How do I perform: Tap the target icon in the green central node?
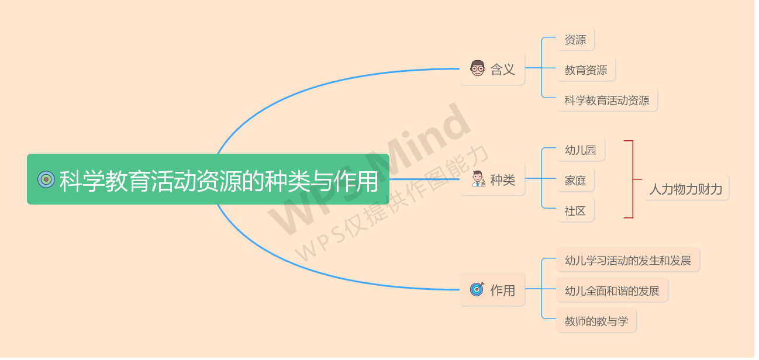click(x=46, y=179)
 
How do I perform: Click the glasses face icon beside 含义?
click(x=478, y=68)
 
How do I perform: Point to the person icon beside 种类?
click(x=478, y=179)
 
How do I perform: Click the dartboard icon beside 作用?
click(x=477, y=289)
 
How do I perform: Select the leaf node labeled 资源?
click(x=575, y=40)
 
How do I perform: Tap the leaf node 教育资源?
click(x=585, y=70)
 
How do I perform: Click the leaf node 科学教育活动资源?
click(x=606, y=101)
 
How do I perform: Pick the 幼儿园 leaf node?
click(x=580, y=150)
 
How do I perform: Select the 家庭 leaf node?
click(x=575, y=181)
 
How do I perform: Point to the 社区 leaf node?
click(x=575, y=211)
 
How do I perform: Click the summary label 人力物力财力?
click(x=685, y=189)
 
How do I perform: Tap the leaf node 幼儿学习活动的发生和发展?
click(x=627, y=261)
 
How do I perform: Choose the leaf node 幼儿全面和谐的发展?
click(x=612, y=291)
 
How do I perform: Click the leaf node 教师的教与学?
click(x=596, y=321)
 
